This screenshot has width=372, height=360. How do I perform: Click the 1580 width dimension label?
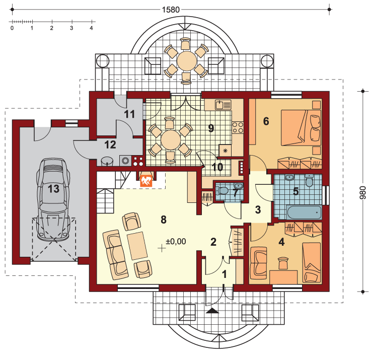click(171, 10)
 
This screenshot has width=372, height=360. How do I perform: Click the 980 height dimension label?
click(363, 192)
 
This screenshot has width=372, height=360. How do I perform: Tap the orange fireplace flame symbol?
click(146, 181)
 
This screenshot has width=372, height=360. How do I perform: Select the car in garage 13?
click(53, 199)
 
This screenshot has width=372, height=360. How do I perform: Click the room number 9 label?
click(211, 128)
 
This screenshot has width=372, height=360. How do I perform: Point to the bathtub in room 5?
click(304, 212)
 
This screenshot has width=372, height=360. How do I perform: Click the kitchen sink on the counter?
click(223, 105)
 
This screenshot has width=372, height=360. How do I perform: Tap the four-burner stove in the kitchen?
click(238, 127)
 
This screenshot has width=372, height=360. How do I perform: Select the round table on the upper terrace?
click(187, 61)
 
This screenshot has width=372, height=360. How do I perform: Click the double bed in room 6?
click(301, 127)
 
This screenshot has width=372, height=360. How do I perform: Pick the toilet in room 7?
click(222, 190)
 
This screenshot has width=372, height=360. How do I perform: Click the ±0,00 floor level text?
click(176, 242)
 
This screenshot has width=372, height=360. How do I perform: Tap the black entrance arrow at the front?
click(212, 311)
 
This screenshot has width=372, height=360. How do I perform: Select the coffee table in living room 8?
click(137, 246)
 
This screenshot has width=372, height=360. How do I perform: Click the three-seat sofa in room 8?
click(116, 255)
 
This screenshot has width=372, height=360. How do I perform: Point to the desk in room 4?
click(283, 277)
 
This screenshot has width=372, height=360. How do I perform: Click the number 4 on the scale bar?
click(91, 28)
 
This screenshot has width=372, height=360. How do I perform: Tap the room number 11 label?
click(129, 114)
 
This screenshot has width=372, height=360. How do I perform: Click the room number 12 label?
click(110, 145)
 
